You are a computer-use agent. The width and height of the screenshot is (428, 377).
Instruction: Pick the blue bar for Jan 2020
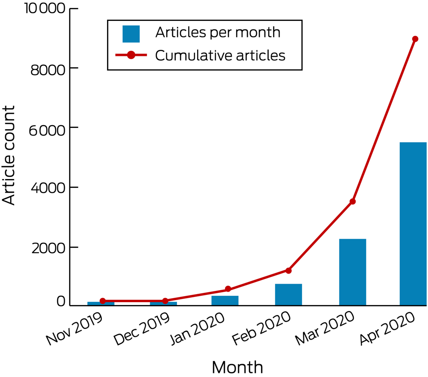(225, 301)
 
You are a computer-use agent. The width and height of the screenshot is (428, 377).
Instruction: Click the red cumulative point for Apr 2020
(415, 39)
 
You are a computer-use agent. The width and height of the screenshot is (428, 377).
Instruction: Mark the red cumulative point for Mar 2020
(353, 201)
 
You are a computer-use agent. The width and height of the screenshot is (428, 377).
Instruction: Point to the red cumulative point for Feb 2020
(288, 270)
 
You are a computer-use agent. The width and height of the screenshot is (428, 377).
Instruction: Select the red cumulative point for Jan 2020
(228, 289)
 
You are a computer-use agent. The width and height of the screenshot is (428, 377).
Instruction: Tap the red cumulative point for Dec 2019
(165, 301)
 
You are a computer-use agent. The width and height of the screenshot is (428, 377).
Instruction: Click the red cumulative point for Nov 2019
(103, 301)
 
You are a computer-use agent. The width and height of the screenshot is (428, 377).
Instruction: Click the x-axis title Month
(237, 367)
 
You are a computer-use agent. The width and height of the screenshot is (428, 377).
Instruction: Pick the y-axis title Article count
(9, 155)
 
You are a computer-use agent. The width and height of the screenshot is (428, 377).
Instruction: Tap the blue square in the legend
(131, 34)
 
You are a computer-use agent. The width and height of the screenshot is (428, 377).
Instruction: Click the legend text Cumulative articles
(220, 56)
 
